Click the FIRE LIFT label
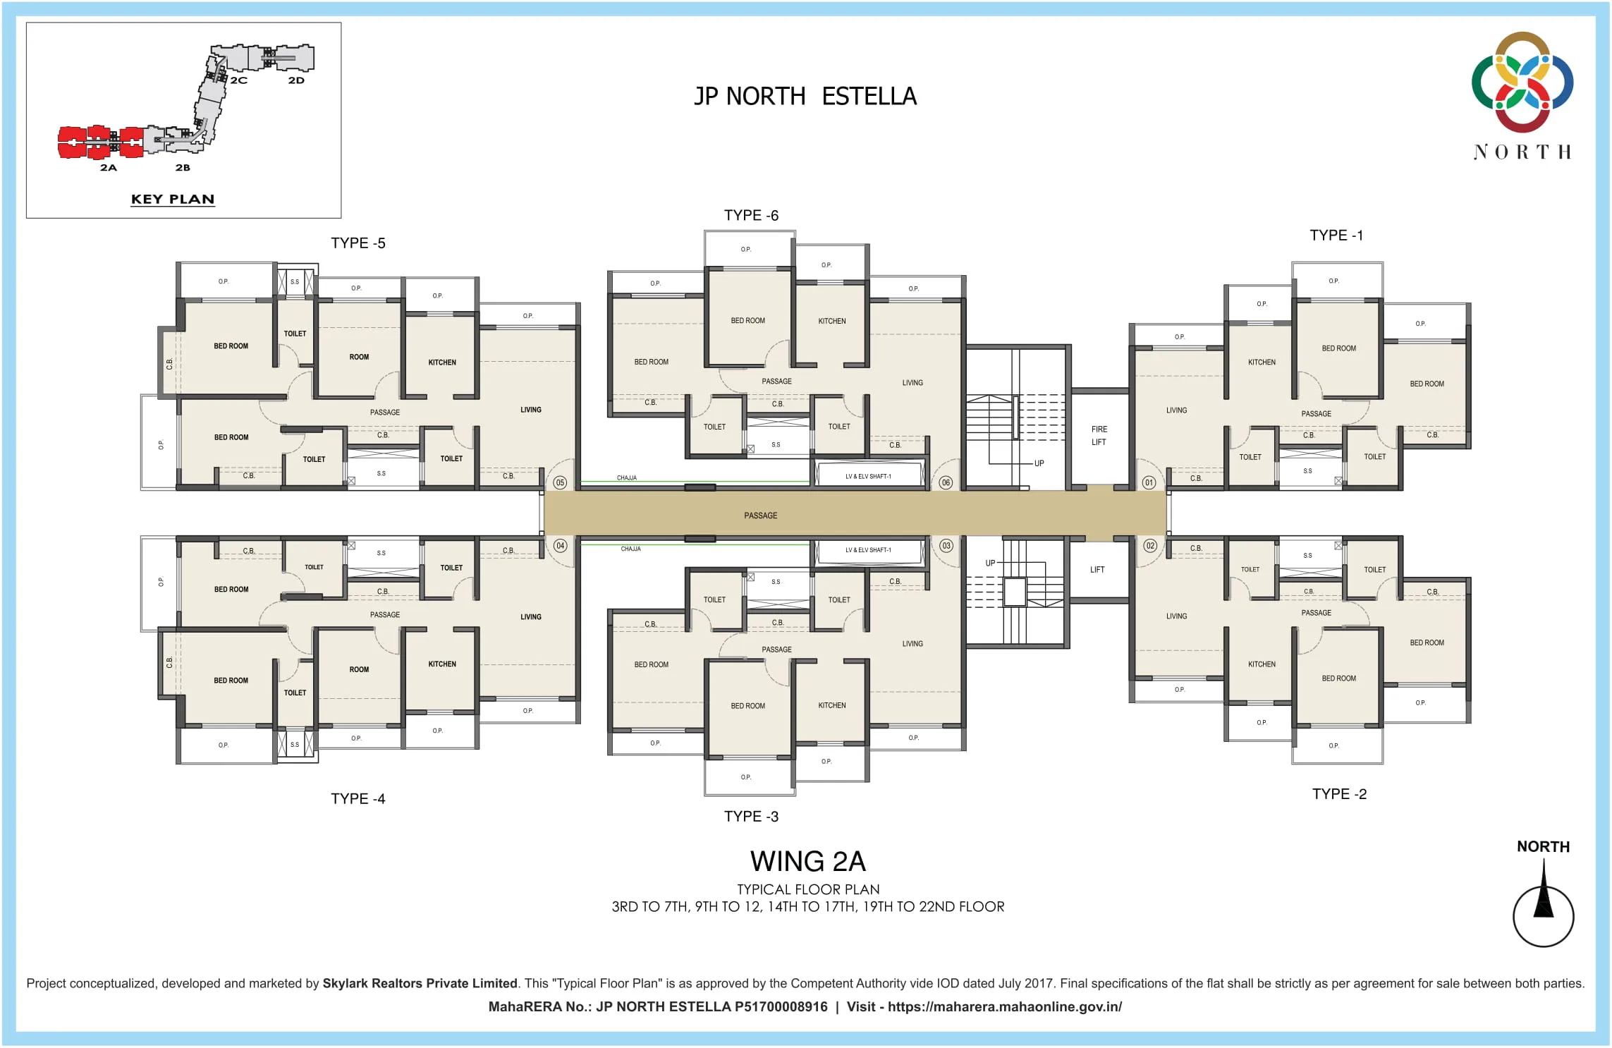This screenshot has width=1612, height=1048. (1099, 436)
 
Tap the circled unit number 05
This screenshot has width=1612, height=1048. (560, 482)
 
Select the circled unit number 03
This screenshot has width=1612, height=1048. (946, 546)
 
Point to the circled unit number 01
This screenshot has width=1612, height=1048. (1149, 482)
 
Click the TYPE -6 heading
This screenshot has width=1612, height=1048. (751, 216)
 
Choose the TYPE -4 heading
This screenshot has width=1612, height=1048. (358, 799)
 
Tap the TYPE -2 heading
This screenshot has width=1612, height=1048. (1339, 794)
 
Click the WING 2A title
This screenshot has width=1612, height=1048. (807, 862)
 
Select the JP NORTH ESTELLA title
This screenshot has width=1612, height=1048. (805, 97)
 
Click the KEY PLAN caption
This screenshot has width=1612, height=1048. (173, 200)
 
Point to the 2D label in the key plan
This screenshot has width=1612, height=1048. (296, 80)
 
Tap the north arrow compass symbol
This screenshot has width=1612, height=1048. (1543, 915)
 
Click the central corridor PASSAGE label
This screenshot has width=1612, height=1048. (760, 516)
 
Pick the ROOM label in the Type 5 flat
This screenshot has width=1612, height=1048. (359, 357)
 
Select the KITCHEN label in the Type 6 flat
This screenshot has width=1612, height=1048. (831, 321)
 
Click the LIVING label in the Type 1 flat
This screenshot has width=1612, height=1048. (1176, 410)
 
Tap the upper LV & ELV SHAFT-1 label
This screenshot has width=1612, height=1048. (868, 477)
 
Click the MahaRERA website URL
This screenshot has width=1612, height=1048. (1004, 1007)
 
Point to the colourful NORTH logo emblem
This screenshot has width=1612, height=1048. (1522, 82)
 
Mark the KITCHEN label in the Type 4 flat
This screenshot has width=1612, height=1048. (442, 664)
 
